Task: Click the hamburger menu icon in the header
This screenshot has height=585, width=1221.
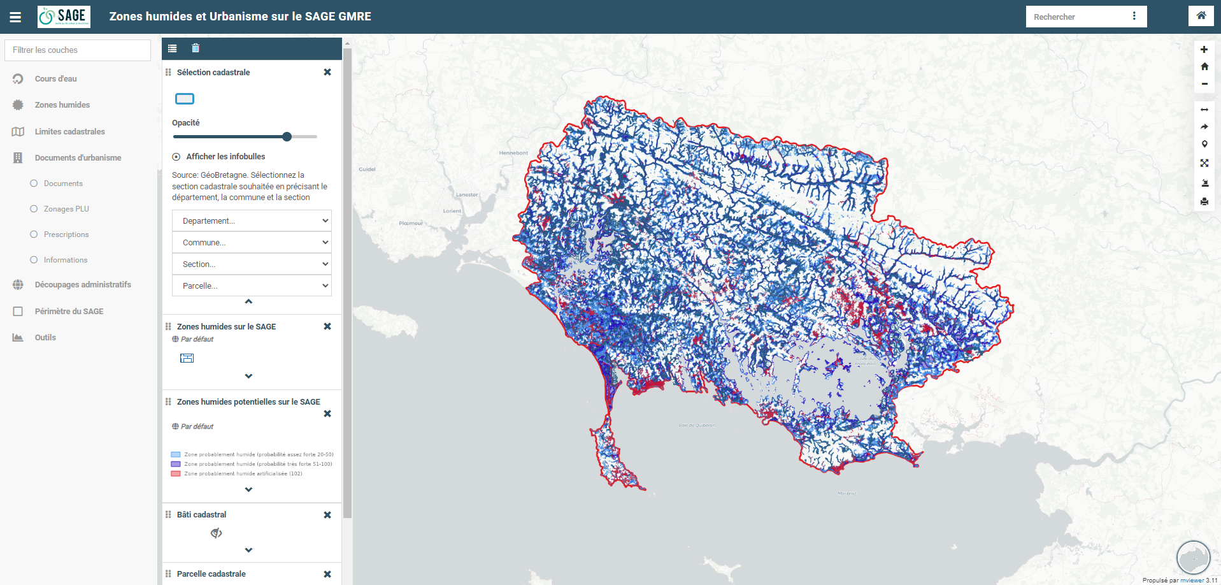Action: coord(15,17)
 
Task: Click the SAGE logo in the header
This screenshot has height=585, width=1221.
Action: coord(64,17)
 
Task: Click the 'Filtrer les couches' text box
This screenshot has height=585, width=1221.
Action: coord(78,50)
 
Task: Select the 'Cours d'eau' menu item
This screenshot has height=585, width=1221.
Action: coord(55,79)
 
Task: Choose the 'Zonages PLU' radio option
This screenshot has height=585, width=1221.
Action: coord(34,209)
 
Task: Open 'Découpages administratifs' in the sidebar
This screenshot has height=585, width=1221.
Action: coord(83,285)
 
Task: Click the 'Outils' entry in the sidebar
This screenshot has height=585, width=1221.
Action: coord(45,338)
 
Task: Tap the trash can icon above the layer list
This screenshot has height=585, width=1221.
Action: coord(196,48)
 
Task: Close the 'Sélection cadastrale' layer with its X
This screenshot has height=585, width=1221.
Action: coord(327,72)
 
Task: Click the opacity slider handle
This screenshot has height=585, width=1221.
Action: coord(287,136)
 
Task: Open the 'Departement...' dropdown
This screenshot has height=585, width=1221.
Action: coord(252,221)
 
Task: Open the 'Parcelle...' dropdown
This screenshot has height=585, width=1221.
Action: coord(252,286)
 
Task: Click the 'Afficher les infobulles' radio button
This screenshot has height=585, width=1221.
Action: coord(176,157)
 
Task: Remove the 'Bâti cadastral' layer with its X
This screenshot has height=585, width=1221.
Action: coord(327,515)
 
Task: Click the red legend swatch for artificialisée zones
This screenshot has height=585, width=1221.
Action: coord(176,473)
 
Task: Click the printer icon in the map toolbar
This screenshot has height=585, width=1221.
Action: coord(1204,201)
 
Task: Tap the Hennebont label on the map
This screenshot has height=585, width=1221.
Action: coord(513,153)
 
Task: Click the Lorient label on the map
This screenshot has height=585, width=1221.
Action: coord(452,211)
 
